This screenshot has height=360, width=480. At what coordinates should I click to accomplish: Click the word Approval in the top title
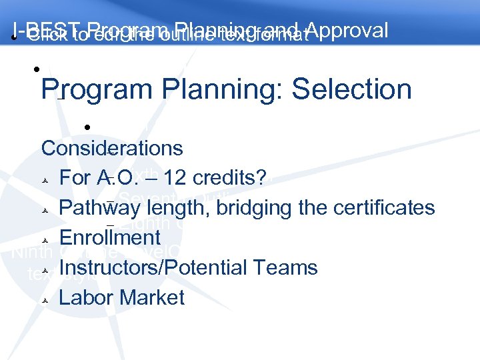pyautogui.click(x=349, y=31)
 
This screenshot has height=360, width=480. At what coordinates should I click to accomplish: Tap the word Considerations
pyautogui.click(x=112, y=148)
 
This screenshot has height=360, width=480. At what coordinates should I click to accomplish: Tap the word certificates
pyautogui.click(x=381, y=208)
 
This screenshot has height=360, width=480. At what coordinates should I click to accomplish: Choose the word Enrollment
pyautogui.click(x=110, y=237)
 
